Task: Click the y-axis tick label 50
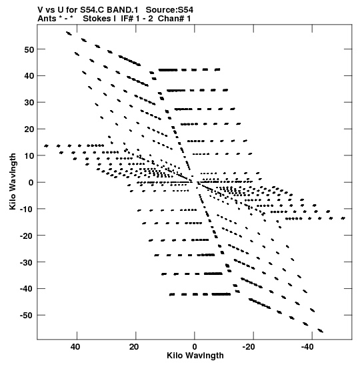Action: (x=29, y=49)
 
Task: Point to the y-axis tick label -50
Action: (x=27, y=316)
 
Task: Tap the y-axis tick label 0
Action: (x=31, y=183)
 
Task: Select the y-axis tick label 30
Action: (x=29, y=103)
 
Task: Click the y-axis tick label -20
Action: (x=27, y=236)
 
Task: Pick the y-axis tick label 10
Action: (x=29, y=156)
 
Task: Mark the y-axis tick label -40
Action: (x=27, y=289)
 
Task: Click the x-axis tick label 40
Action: (x=75, y=347)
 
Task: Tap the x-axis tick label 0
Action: (x=195, y=347)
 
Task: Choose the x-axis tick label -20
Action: (x=249, y=347)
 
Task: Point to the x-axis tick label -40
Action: (x=307, y=347)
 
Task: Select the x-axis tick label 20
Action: (x=134, y=347)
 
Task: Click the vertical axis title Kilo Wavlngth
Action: (x=13, y=181)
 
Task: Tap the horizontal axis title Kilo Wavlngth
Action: (x=195, y=356)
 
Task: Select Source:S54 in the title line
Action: (x=169, y=10)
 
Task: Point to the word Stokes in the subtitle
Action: (x=97, y=19)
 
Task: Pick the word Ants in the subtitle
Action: (x=47, y=19)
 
